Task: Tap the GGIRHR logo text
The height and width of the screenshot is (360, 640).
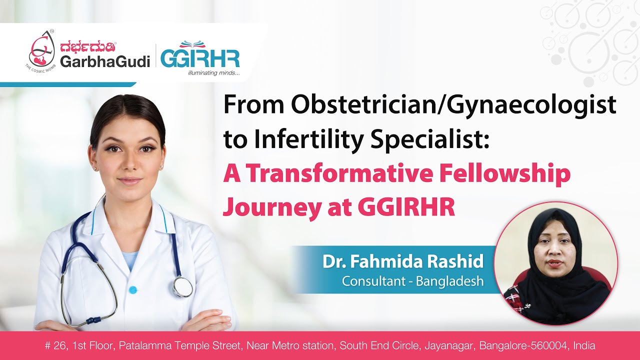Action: [x=200, y=58]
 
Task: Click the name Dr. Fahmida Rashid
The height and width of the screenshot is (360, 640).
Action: [x=403, y=262]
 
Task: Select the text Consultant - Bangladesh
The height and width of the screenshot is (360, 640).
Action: [x=412, y=281]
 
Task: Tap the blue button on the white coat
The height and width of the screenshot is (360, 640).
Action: [x=132, y=290]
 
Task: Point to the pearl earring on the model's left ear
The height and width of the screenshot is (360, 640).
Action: [x=161, y=168]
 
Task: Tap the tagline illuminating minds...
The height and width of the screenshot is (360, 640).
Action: [x=213, y=73]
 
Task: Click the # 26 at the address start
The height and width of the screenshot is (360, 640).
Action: [x=55, y=345]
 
